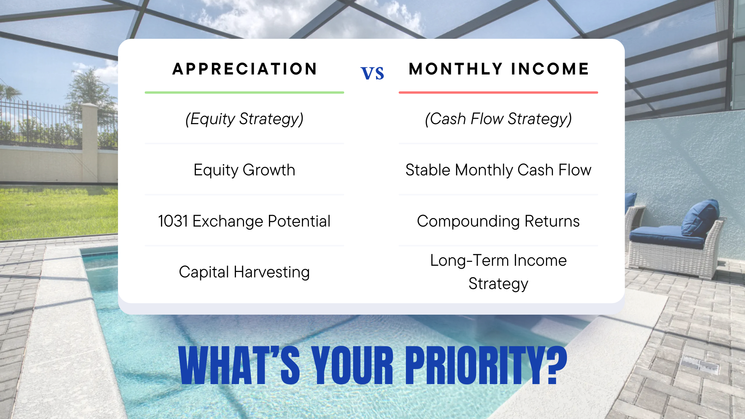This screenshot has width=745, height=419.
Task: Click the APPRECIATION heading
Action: click(x=244, y=69)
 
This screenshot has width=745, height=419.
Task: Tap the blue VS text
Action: click(x=372, y=73)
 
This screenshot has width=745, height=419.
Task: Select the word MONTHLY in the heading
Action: click(x=456, y=69)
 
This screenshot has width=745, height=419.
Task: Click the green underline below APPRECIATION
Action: click(x=244, y=92)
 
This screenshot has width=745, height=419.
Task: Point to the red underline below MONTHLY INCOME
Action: click(x=498, y=92)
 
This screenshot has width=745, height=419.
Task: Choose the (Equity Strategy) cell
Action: click(x=244, y=119)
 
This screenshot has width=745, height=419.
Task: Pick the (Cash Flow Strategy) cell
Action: click(x=498, y=119)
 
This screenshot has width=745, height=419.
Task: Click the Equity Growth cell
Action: click(x=244, y=170)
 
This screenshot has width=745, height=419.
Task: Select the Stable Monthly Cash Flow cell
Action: click(x=498, y=170)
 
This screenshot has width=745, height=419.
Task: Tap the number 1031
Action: click(x=173, y=221)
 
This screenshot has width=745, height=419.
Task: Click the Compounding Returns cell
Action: click(x=498, y=221)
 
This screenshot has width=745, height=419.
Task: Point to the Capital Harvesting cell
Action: click(x=244, y=272)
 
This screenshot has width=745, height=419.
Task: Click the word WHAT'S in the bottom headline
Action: click(x=239, y=365)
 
